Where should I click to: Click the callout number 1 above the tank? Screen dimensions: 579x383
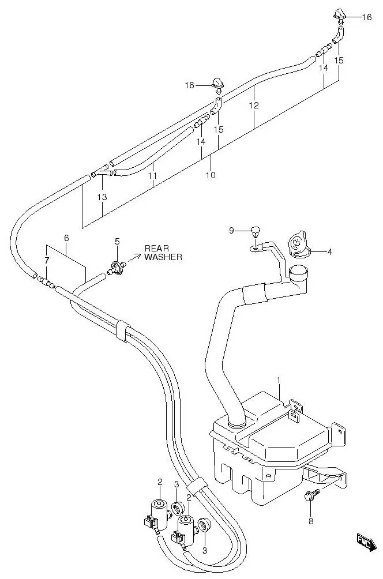coord(278,380)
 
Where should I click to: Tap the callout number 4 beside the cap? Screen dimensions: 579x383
coord(330,251)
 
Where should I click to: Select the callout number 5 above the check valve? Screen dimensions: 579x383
coord(117,241)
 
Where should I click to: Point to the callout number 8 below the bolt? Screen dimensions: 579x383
coord(311,521)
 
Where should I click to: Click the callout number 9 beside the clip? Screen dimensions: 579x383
coord(231,231)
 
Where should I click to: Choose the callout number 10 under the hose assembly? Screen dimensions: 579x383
coord(211,175)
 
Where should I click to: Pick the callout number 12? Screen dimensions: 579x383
coord(254,106)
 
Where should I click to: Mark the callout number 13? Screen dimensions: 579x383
coord(102,197)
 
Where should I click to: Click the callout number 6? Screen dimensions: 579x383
coord(66,238)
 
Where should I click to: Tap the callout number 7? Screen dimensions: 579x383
coord(46,261)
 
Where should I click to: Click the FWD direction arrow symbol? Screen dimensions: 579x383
coord(365,542)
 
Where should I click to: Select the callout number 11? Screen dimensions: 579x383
coord(152,174)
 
